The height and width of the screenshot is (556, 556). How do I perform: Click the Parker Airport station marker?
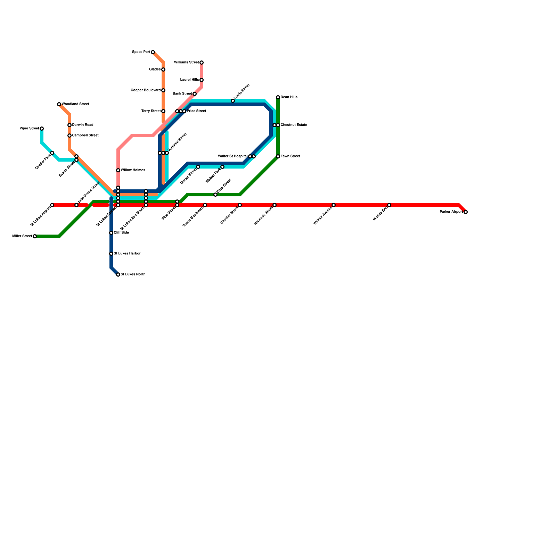pos(466,212)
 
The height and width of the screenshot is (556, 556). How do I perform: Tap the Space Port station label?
pos(141,52)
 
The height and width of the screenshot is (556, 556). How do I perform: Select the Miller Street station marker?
pos(35,236)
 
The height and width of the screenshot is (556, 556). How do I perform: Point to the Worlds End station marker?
pos(389,205)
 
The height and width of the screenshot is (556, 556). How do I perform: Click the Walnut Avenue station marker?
pos(334,205)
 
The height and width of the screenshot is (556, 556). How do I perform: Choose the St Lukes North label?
pos(133,275)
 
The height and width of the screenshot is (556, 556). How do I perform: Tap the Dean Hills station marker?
pos(278,97)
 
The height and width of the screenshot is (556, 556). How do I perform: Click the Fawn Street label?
pos(291,156)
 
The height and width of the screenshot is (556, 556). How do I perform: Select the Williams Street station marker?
pos(202,63)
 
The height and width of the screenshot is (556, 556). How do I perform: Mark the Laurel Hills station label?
pos(189,80)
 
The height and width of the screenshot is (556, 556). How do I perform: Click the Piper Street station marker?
pos(42,129)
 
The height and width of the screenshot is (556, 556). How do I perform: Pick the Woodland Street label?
pos(75,104)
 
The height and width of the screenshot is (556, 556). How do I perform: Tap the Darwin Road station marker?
pos(69,125)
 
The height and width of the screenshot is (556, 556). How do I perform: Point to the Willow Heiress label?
pos(133,170)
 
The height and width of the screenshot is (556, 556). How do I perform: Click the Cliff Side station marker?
pos(111,233)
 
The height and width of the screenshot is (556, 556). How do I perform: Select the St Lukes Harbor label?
pos(127,254)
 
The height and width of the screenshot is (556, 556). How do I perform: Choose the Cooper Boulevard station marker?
pos(163,90)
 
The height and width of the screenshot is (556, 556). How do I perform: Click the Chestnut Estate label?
pos(294,125)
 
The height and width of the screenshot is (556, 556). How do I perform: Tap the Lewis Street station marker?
pos(233,101)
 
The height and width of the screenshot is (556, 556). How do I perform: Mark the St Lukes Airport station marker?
pos(52,205)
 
